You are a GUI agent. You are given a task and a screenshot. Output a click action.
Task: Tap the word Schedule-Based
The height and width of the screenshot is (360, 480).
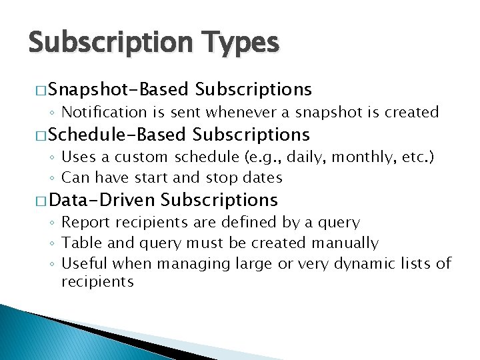[x=117, y=135]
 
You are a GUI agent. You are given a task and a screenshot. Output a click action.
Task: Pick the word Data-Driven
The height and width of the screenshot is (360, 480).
[x=102, y=199]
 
